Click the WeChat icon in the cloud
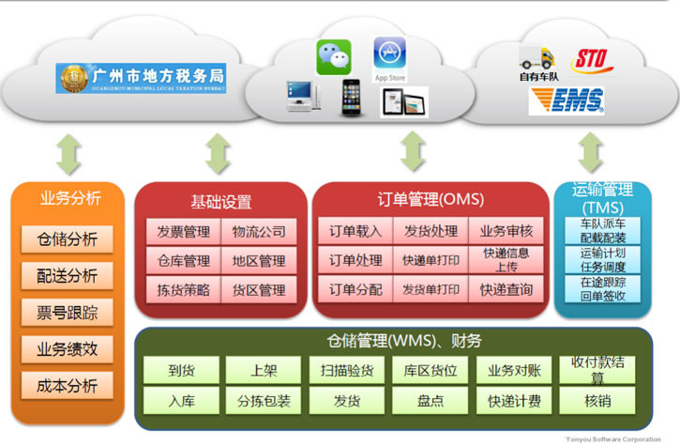pos(333,56)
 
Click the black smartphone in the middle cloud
pos(351,97)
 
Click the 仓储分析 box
pos(67,238)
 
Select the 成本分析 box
pos(67,384)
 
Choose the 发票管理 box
pos(183,232)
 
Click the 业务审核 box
pos(506,232)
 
